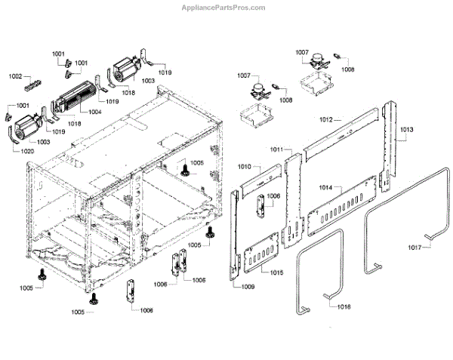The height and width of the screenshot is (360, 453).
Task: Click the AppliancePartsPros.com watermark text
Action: coord(224,8)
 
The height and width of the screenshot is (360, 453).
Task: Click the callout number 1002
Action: coord(16,76)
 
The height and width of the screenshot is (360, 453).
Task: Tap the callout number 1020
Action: coord(26,151)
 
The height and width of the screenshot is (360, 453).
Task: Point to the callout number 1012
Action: coord(326,120)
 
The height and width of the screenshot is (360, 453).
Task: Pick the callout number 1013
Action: coord(406,130)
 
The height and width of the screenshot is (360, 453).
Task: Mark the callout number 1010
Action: coord(245,166)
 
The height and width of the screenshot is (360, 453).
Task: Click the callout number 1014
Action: coord(326,186)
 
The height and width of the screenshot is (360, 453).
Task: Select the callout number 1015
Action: coord(278,270)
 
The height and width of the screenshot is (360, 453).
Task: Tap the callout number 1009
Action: coord(248,287)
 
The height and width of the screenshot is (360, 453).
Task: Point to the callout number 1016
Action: coord(344,306)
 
